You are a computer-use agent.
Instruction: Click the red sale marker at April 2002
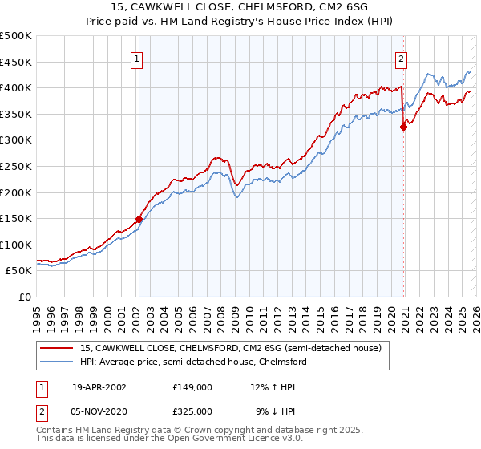(x=139, y=218)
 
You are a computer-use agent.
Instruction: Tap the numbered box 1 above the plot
(x=138, y=59)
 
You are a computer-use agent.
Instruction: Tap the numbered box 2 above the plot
(x=400, y=59)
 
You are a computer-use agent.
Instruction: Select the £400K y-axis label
(x=16, y=87)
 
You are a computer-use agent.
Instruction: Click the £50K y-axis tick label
(x=19, y=271)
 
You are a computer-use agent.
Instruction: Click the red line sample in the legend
(x=57, y=348)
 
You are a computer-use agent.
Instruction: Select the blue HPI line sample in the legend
(x=57, y=362)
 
